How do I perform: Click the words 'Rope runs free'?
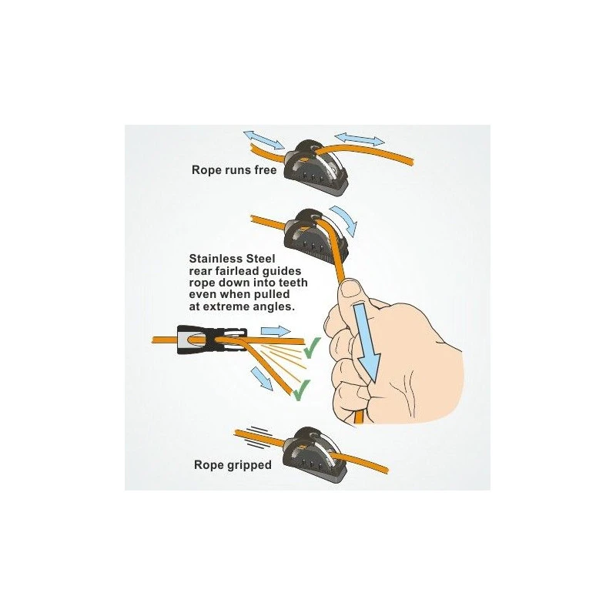click(x=234, y=170)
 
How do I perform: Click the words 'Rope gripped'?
click(x=233, y=465)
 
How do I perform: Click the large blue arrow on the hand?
click(x=367, y=342)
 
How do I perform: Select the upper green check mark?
click(x=312, y=348)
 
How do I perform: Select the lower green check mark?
click(x=302, y=390)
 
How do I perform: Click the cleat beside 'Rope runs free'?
click(x=316, y=166)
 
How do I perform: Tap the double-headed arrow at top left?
click(x=263, y=140)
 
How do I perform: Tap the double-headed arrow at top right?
click(x=360, y=139)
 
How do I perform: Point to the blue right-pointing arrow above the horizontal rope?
click(x=276, y=331)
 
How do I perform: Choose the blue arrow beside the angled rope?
click(x=262, y=378)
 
